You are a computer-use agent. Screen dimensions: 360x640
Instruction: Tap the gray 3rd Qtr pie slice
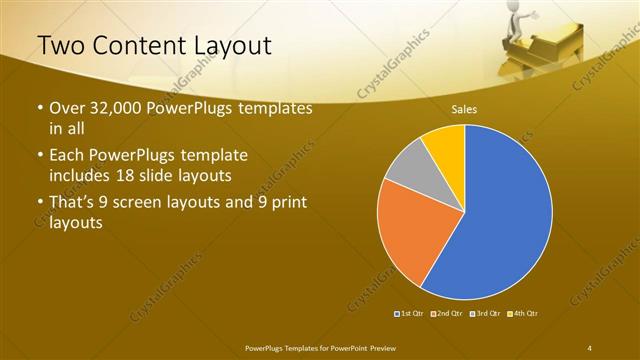click(406, 171)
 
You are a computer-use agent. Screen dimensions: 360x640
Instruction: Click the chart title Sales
click(463, 111)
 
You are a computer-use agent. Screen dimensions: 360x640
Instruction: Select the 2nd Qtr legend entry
click(447, 314)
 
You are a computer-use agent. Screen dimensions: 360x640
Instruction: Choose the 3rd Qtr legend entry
click(485, 314)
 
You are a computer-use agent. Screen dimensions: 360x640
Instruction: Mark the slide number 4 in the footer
click(589, 347)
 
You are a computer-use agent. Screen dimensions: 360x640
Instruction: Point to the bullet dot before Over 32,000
click(39, 109)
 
